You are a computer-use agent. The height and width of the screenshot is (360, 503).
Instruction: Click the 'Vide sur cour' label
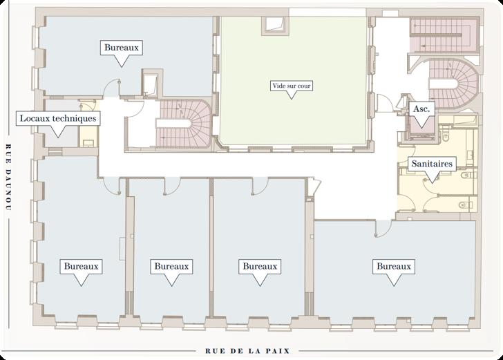(292, 86)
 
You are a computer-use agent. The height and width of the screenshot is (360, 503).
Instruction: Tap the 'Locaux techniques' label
(58, 118)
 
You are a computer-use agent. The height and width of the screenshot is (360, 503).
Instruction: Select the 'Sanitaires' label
(432, 164)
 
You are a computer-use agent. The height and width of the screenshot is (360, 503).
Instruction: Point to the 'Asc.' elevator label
(421, 108)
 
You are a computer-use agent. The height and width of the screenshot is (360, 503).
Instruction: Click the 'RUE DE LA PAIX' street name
(247, 351)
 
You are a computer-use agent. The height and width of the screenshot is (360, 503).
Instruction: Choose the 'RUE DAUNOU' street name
(9, 177)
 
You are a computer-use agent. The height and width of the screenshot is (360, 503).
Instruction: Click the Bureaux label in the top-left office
(122, 48)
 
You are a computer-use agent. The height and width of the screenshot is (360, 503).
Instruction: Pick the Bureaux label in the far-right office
(394, 266)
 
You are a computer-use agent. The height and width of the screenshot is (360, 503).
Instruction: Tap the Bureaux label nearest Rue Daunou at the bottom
(81, 266)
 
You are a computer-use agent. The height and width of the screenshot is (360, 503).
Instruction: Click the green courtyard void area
(293, 80)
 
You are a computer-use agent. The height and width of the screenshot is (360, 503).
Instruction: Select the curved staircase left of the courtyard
(183, 124)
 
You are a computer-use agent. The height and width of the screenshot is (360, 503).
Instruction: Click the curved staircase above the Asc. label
(453, 84)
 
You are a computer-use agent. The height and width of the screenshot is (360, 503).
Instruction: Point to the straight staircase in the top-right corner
(444, 35)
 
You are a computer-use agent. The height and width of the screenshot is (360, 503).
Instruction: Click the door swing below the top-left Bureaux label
(111, 87)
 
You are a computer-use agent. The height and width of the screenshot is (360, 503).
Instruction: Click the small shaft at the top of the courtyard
(276, 26)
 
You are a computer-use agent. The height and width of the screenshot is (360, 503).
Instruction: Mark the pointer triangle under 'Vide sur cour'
(292, 95)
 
